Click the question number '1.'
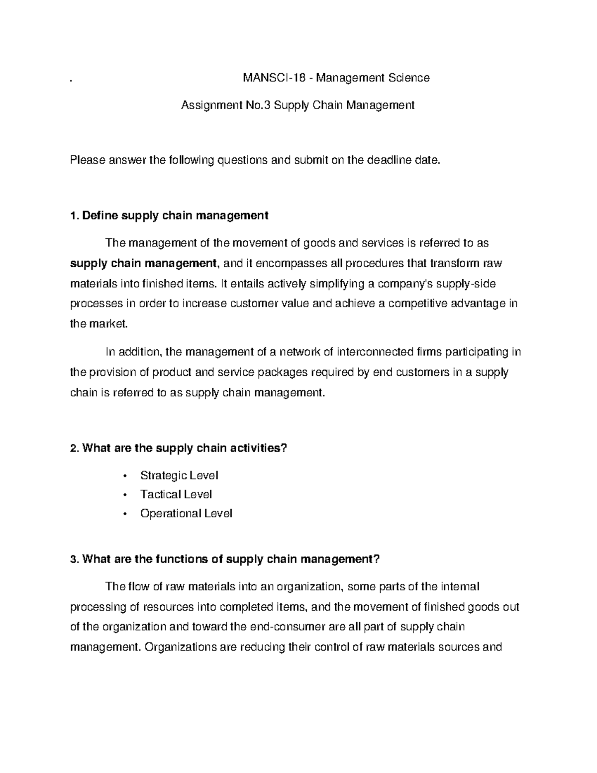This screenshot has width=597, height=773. click(75, 216)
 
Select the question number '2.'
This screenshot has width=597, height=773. click(75, 448)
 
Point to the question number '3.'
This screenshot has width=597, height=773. click(75, 559)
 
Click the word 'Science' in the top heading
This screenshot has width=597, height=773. click(408, 78)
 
